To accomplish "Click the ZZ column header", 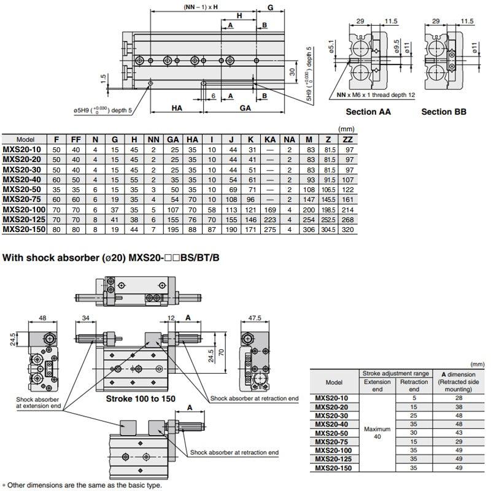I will tap(347, 140).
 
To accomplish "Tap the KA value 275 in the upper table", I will tap(269, 229).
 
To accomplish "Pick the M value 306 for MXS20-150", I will tap(309, 229).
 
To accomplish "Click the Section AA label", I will tap(368, 112).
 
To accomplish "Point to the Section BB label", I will tap(444, 112).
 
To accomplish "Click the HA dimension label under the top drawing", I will tap(177, 107).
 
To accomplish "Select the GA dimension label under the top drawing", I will tap(245, 107).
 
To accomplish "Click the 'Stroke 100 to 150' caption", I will tap(141, 399).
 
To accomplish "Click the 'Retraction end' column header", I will tap(414, 385).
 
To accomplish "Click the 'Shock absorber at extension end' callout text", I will tap(38, 402).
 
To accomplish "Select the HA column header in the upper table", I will tap(191, 140).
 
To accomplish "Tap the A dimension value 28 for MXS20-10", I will tap(460, 398).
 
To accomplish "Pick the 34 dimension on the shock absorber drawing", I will tap(85, 317).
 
